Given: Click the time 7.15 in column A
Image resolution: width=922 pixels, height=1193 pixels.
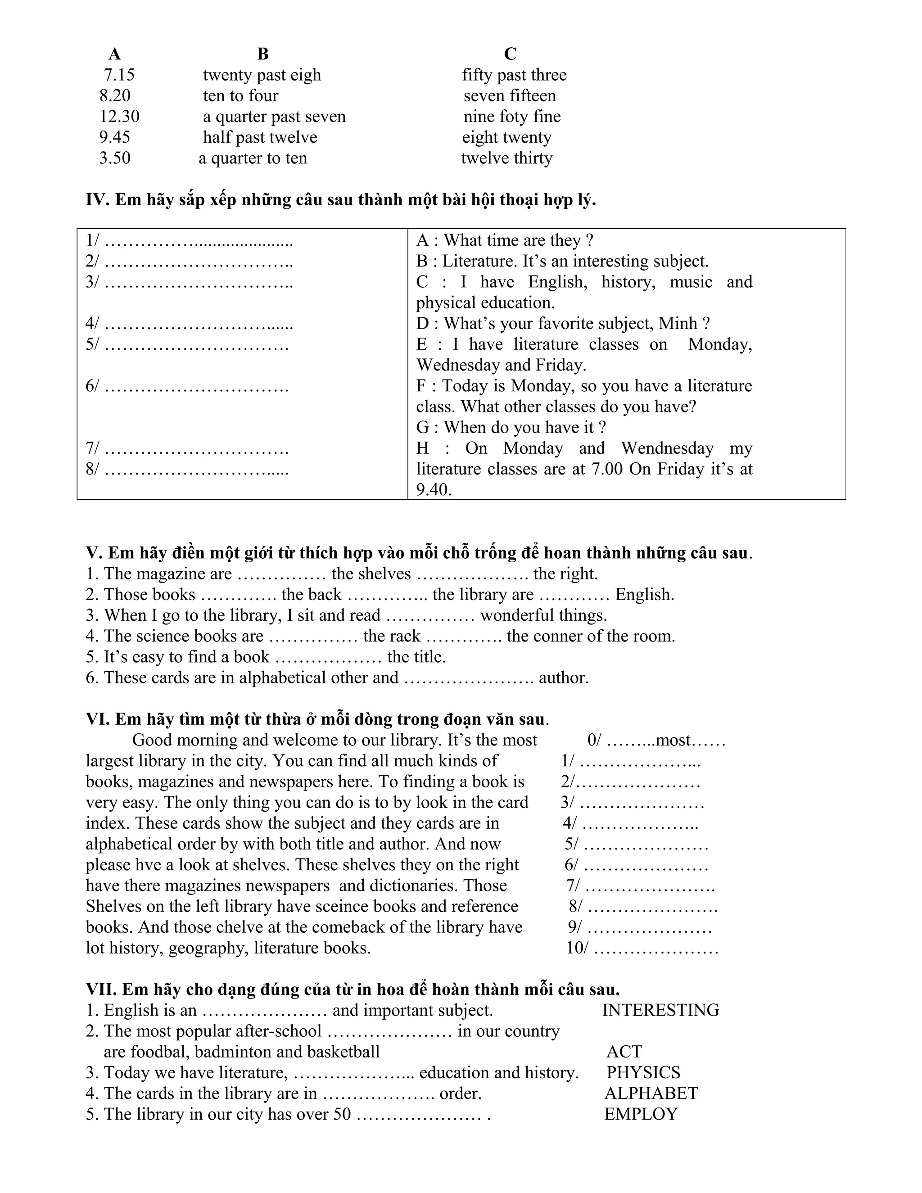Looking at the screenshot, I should click(x=119, y=75).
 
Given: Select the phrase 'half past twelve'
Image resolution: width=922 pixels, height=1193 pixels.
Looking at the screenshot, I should click(x=260, y=137).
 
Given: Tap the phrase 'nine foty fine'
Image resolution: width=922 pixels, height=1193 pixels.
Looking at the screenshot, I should click(x=512, y=116).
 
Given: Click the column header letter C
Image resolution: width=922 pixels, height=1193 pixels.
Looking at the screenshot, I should click(x=510, y=54).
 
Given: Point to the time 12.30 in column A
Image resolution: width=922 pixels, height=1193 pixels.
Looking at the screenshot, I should click(x=119, y=116).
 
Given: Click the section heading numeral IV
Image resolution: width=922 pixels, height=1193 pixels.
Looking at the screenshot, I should click(x=97, y=200).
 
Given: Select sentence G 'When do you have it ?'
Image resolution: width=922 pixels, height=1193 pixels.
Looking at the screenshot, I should click(x=511, y=427).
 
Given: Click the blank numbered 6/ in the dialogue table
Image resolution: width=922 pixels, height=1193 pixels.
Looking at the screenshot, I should click(x=187, y=386).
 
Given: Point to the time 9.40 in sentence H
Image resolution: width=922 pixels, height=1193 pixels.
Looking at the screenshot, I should click(x=434, y=489).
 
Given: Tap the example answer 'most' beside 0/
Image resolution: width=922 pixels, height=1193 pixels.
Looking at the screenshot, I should click(x=673, y=740).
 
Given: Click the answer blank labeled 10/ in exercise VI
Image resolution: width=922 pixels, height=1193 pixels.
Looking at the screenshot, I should click(x=642, y=948).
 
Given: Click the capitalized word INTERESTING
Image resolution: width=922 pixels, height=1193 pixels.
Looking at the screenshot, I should click(x=660, y=1010).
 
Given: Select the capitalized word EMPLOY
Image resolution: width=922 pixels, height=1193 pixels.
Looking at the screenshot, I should click(x=641, y=1114).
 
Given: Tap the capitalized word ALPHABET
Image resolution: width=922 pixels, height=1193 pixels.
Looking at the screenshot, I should click(x=651, y=1093).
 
